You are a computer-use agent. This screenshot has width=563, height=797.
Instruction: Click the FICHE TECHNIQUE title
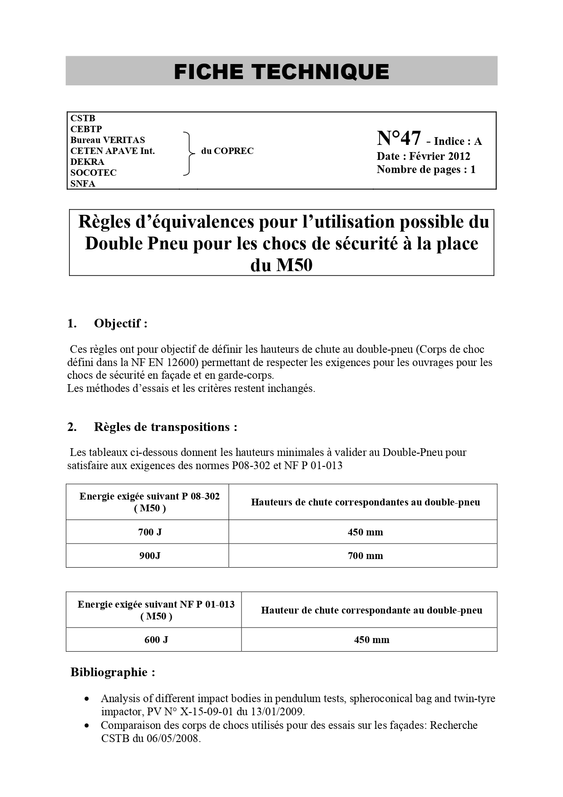click(281, 72)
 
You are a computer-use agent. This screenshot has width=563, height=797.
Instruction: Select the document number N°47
click(399, 138)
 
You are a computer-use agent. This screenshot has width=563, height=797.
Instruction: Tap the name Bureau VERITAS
click(108, 140)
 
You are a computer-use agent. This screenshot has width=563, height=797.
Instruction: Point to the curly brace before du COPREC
click(188, 153)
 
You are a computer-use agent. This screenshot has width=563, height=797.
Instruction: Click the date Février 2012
click(440, 156)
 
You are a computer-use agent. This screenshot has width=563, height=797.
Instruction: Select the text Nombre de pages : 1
click(426, 170)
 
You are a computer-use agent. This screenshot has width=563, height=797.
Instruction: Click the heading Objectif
click(120, 323)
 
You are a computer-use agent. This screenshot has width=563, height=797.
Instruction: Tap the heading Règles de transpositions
click(165, 427)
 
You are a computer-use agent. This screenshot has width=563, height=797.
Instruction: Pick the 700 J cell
click(150, 532)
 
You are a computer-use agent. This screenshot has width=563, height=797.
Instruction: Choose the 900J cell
click(150, 555)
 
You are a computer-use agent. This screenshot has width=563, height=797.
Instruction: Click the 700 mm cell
click(365, 555)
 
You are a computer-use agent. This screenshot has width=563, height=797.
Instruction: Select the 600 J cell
click(156, 639)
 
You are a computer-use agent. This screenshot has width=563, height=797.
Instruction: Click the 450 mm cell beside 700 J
click(365, 532)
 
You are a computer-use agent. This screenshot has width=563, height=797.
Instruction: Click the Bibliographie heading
click(113, 672)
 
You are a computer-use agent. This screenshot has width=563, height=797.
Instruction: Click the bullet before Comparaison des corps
click(87, 726)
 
